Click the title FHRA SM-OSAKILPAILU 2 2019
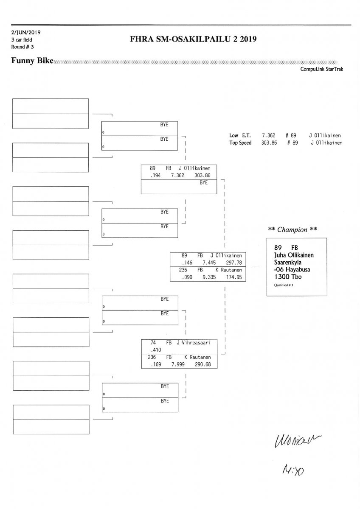195,40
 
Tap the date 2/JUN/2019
26,32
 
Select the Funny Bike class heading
32,61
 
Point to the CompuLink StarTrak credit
322,69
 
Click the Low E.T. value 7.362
269,136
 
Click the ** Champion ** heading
292,229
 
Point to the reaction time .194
151,175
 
